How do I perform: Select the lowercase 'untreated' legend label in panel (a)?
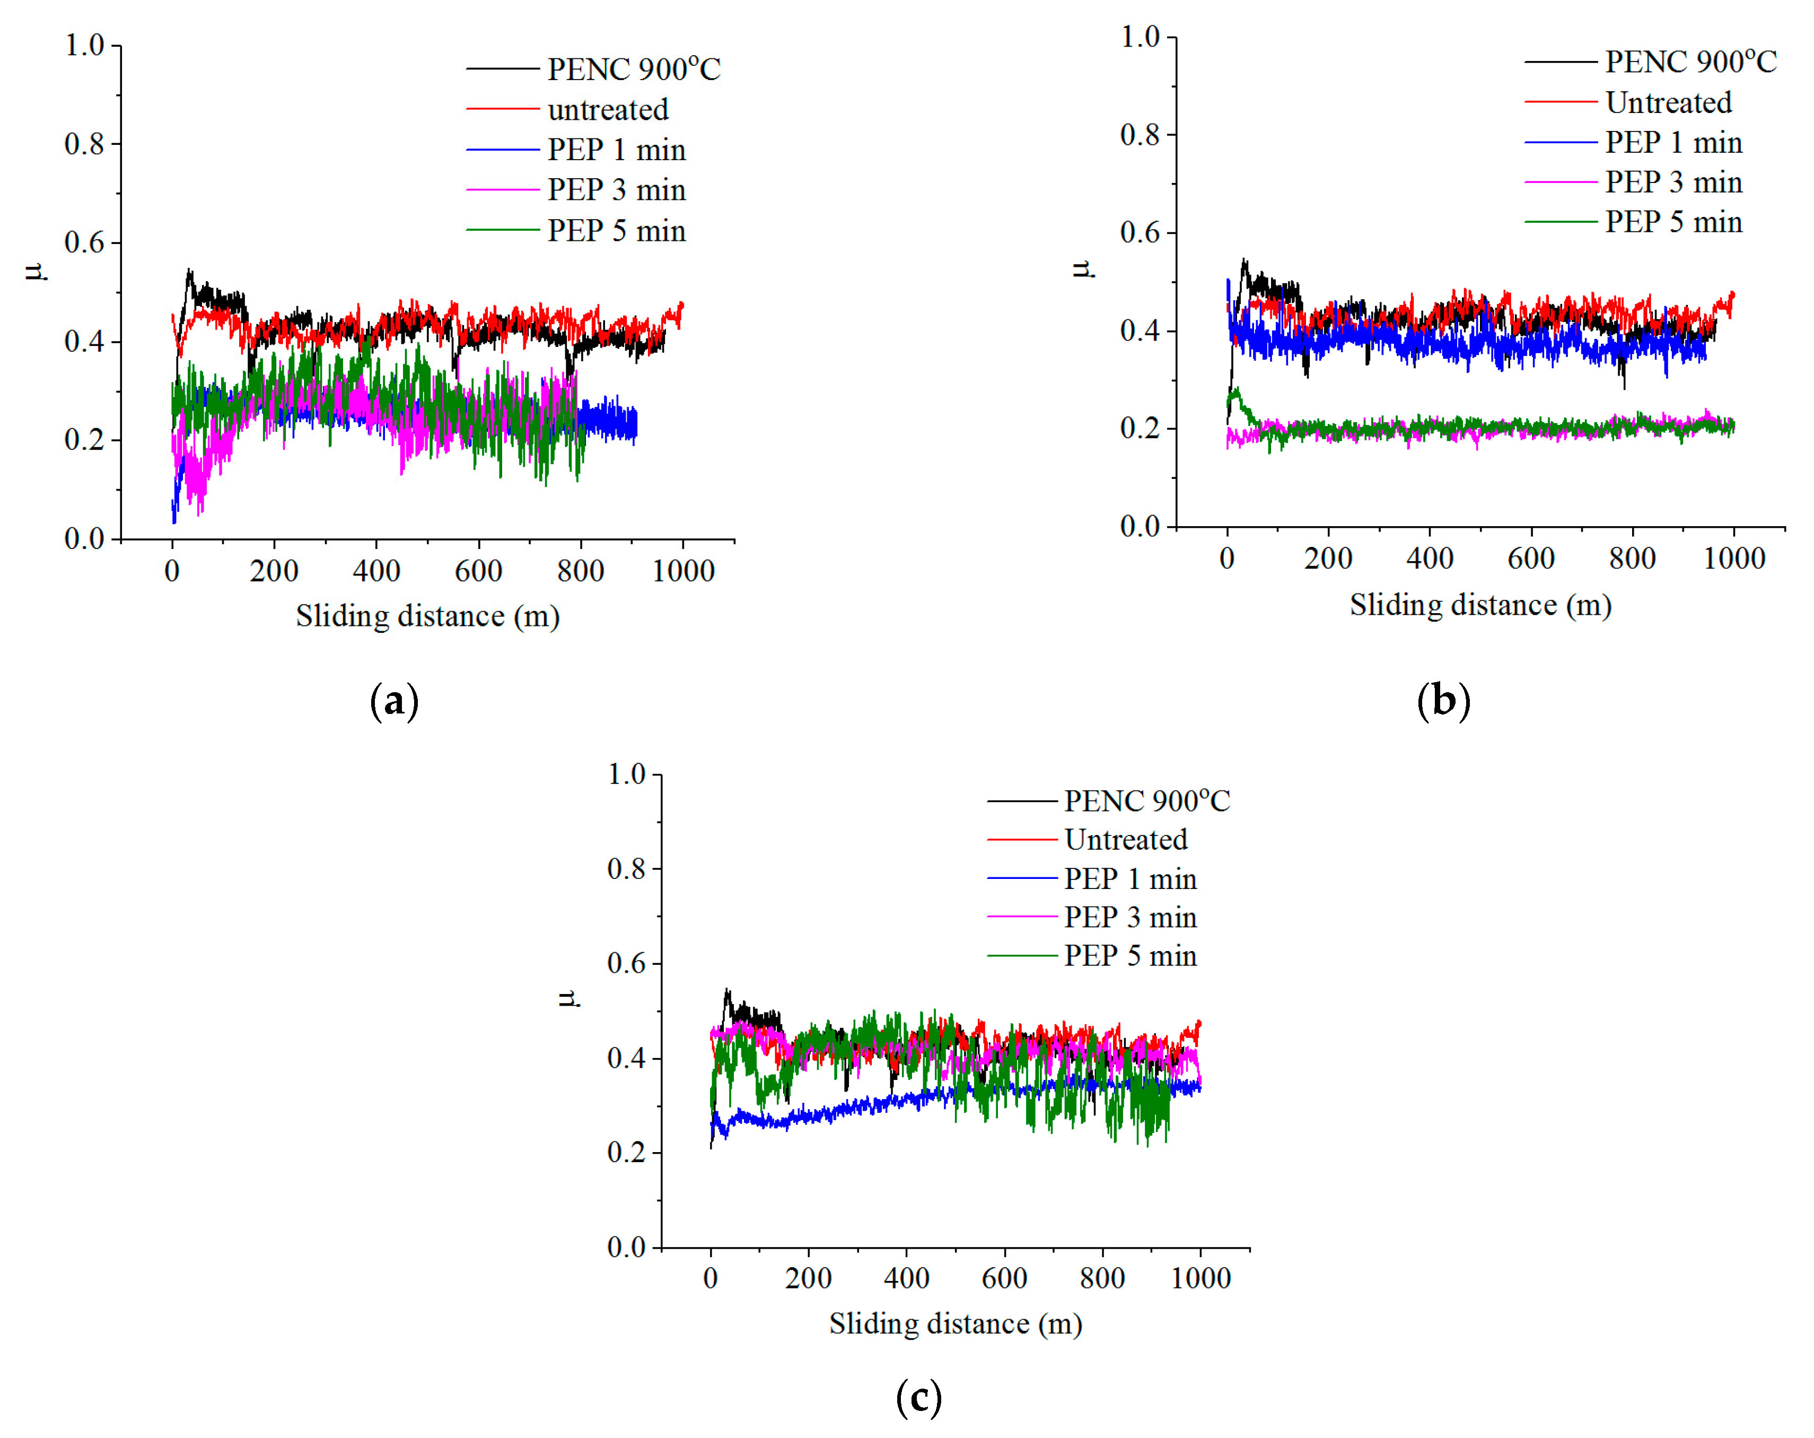608,109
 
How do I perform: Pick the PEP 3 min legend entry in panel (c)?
1129,917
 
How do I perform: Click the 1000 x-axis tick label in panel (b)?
1733,558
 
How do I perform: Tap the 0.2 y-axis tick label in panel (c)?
626,1152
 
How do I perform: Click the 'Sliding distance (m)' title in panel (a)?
427,616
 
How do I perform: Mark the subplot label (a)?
394,701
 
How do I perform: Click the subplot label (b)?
1443,701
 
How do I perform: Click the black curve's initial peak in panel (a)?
189,272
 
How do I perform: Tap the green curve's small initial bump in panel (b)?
1235,392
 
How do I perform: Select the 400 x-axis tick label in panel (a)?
376,571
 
